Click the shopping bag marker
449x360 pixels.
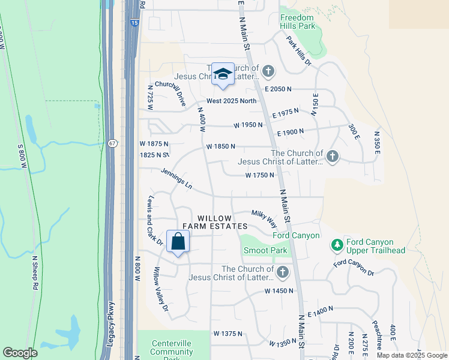click(x=178, y=242)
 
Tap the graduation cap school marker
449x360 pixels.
click(x=223, y=74)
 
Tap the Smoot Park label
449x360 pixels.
click(x=265, y=250)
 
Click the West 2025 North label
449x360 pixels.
click(x=231, y=101)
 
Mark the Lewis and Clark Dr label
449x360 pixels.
click(x=154, y=220)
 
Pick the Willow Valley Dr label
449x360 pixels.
click(x=161, y=289)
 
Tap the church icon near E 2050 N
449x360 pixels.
click(x=268, y=72)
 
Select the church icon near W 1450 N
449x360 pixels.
click(x=282, y=273)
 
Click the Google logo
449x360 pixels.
click(x=20, y=353)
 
